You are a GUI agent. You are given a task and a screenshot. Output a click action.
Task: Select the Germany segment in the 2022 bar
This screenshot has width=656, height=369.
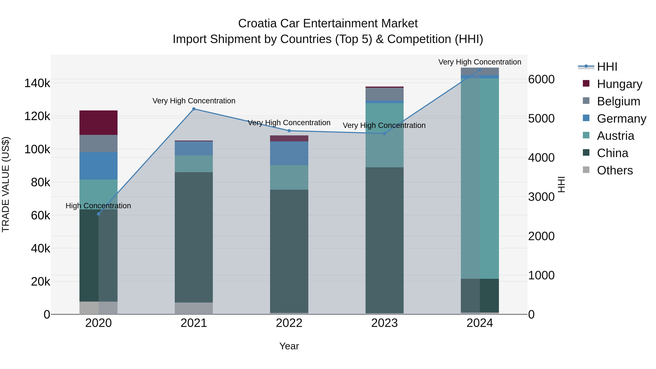[x=289, y=153]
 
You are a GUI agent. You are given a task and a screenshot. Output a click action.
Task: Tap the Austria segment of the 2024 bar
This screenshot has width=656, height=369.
[x=480, y=178]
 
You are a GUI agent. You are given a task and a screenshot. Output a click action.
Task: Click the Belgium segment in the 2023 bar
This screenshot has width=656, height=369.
[x=384, y=94]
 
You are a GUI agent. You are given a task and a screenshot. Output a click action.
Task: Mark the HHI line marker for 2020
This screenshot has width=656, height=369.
[x=99, y=214]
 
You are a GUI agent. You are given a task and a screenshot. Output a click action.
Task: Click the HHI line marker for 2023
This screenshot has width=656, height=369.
[x=384, y=133]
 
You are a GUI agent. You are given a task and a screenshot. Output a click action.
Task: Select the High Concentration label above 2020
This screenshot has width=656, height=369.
[x=98, y=206]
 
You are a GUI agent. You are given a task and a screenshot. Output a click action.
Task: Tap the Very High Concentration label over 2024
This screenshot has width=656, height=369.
[x=480, y=62]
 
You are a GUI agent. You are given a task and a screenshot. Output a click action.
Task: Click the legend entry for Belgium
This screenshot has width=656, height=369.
[x=618, y=101]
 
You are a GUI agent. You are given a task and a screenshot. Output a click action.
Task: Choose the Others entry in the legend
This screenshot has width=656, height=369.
[x=615, y=170]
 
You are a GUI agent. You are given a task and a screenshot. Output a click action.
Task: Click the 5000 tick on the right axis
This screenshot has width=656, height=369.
[x=541, y=118]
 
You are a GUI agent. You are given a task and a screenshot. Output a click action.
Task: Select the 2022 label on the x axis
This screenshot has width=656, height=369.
[x=289, y=323]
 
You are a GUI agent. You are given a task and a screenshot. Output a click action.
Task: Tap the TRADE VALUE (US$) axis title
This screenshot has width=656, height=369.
[x=6, y=184]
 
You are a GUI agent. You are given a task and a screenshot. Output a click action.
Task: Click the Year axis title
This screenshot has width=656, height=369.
[x=289, y=346]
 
